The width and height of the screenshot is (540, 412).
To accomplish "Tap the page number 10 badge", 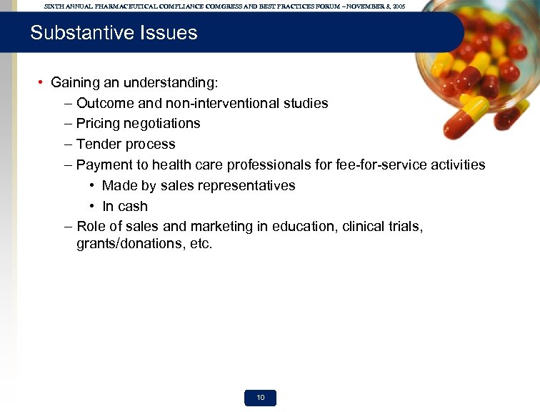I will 261,398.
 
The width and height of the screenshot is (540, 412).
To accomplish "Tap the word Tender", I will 98,144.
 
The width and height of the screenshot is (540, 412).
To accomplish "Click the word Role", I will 91,226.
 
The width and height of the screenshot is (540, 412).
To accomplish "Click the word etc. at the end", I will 201,244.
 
